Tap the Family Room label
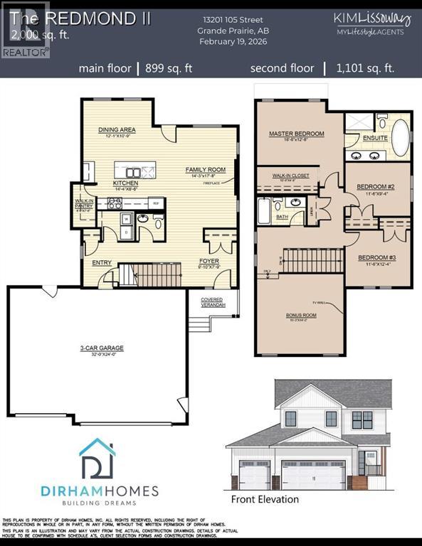tap(205, 170)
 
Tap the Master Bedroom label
tap(296, 134)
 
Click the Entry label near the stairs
tap(102, 262)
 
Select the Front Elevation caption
tap(265, 499)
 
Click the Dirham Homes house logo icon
tap(97, 460)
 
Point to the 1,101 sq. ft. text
tap(367, 69)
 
